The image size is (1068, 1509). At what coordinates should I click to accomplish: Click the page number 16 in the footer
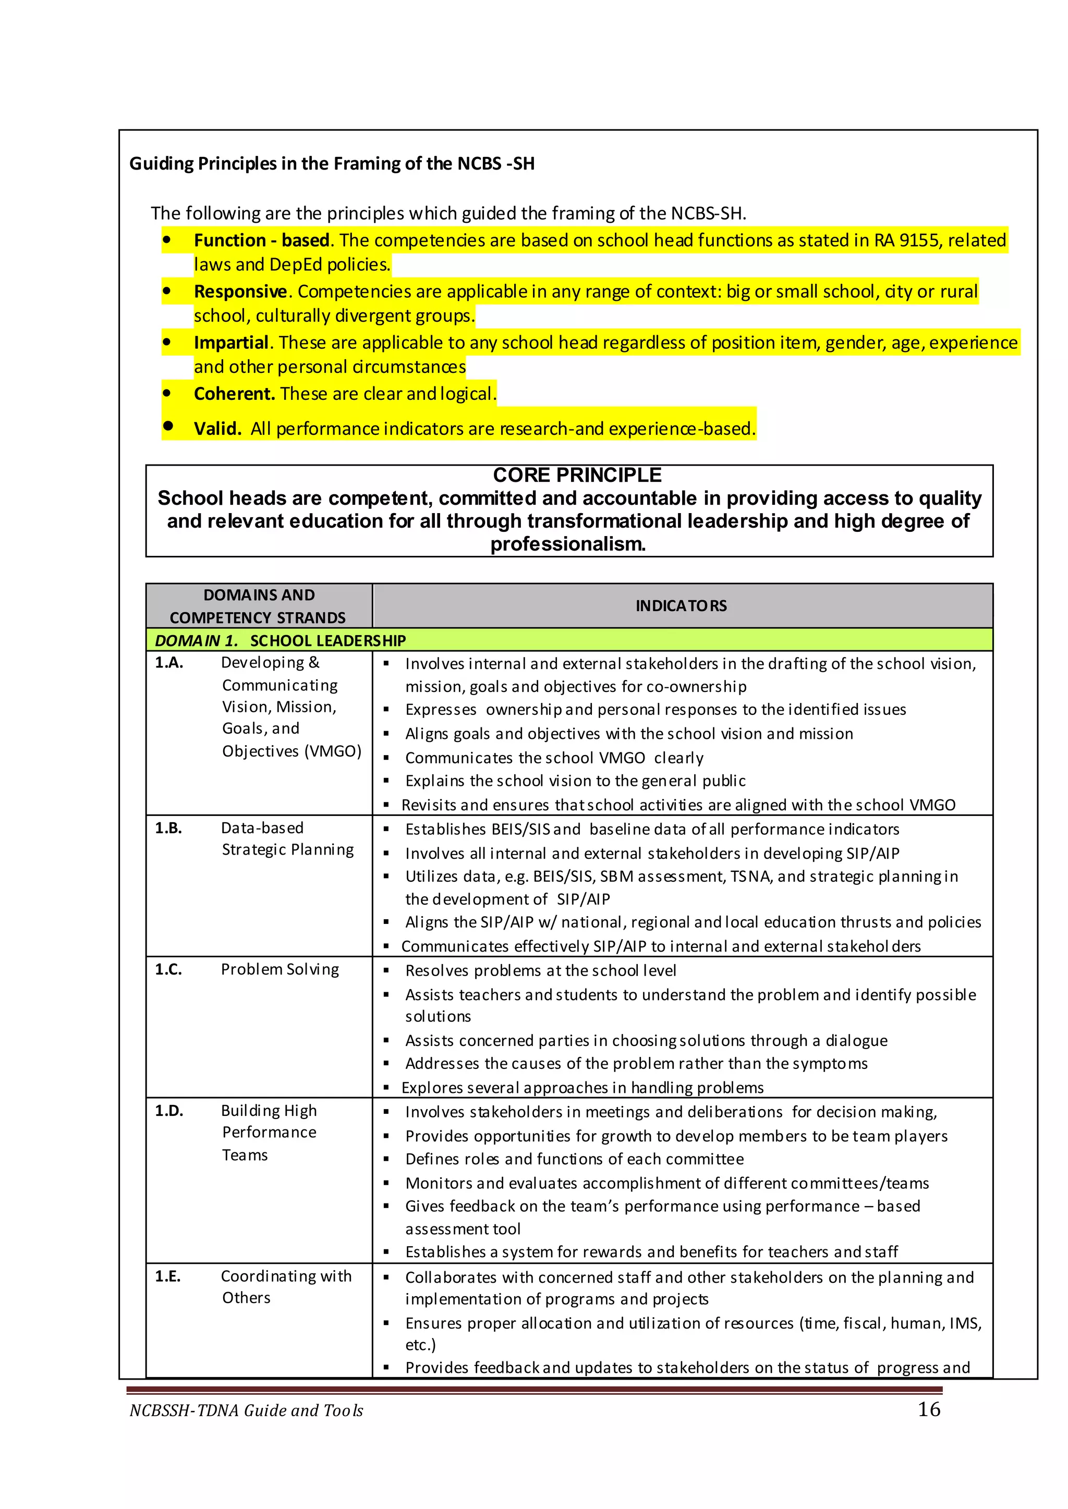pos(929,1409)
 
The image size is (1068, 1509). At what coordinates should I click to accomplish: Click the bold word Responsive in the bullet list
pos(240,291)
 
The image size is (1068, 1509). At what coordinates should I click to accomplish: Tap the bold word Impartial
pos(231,343)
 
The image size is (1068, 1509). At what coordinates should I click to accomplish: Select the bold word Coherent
pos(234,394)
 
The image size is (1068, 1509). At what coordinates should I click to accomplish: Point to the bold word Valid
pos(217,429)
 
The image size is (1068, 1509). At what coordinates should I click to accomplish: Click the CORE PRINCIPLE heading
pos(577,474)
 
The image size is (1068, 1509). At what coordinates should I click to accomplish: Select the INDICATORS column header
pos(681,605)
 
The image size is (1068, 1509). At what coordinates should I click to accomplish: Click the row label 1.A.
pos(169,663)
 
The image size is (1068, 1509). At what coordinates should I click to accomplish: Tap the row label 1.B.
pos(168,828)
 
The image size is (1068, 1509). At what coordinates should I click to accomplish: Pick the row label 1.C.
pos(168,969)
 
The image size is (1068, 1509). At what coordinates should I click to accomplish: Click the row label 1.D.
pos(169,1111)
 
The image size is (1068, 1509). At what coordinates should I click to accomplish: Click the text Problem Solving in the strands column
pos(280,969)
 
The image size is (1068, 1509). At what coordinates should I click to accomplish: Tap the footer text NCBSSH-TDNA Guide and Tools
pos(246,1410)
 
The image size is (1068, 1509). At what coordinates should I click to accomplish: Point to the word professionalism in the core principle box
pos(567,544)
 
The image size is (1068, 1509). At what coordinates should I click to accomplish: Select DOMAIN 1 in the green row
pos(196,640)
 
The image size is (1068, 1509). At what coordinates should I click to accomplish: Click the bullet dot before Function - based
pos(167,240)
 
